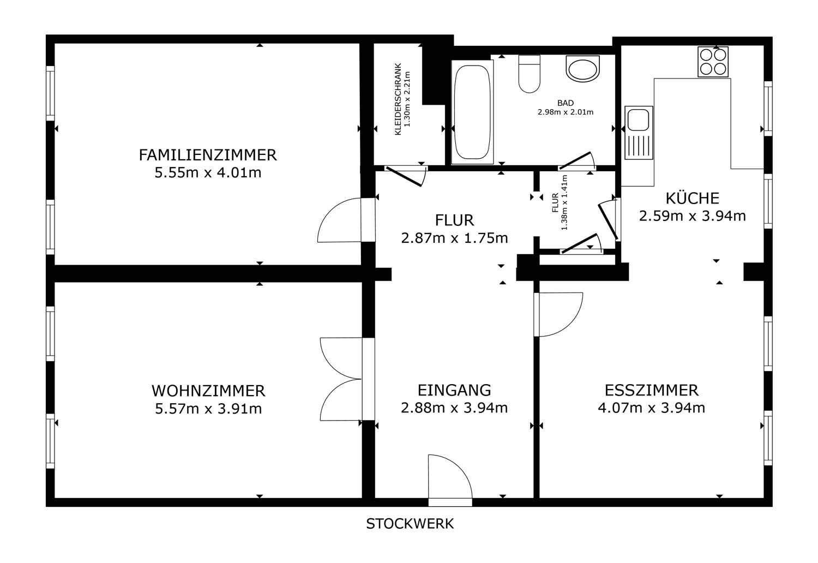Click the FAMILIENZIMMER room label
(208, 155)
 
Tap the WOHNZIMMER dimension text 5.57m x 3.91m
(208, 409)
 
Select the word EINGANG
(454, 390)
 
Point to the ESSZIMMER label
(652, 390)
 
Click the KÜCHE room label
(693, 198)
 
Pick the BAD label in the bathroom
(566, 103)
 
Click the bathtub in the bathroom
(473, 112)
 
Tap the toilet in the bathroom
(529, 74)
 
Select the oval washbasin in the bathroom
(583, 69)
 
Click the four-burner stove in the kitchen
(713, 62)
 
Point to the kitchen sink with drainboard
(639, 133)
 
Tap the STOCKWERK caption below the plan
(410, 524)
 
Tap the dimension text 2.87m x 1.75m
(454, 238)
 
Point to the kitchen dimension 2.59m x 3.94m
(693, 216)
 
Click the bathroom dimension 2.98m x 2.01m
(566, 112)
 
